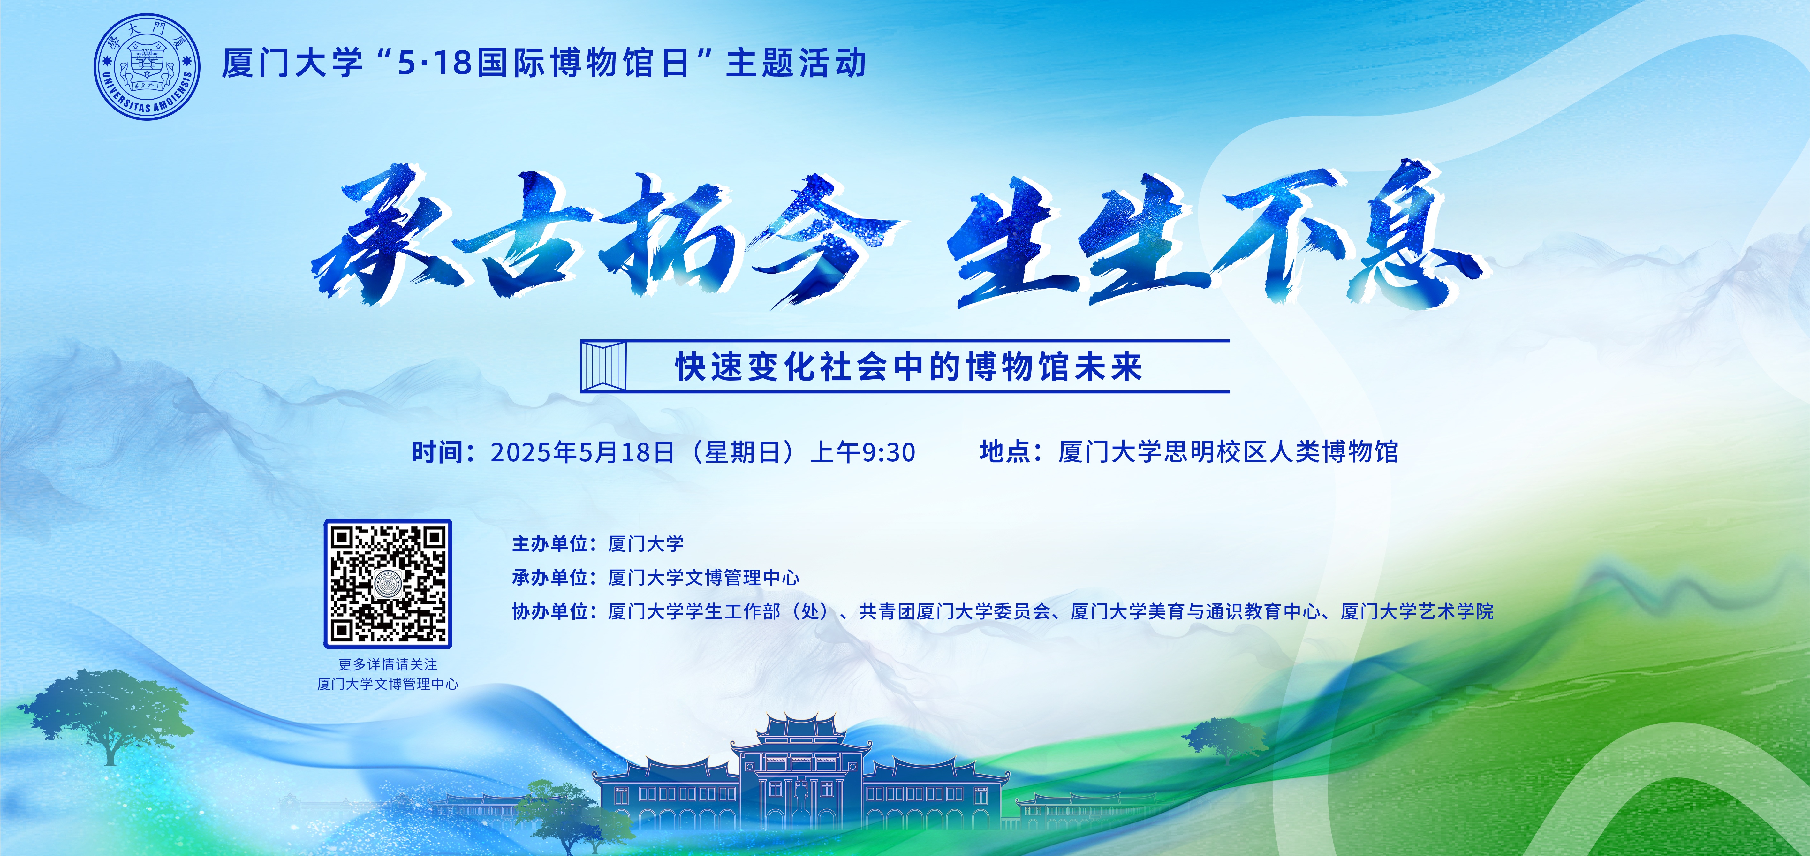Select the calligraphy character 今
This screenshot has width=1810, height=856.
pos(819,239)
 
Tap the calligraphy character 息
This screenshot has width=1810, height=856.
pos(1416,235)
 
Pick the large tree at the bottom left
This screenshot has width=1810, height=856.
pos(105,713)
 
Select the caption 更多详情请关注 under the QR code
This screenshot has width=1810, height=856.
pos(388,664)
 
